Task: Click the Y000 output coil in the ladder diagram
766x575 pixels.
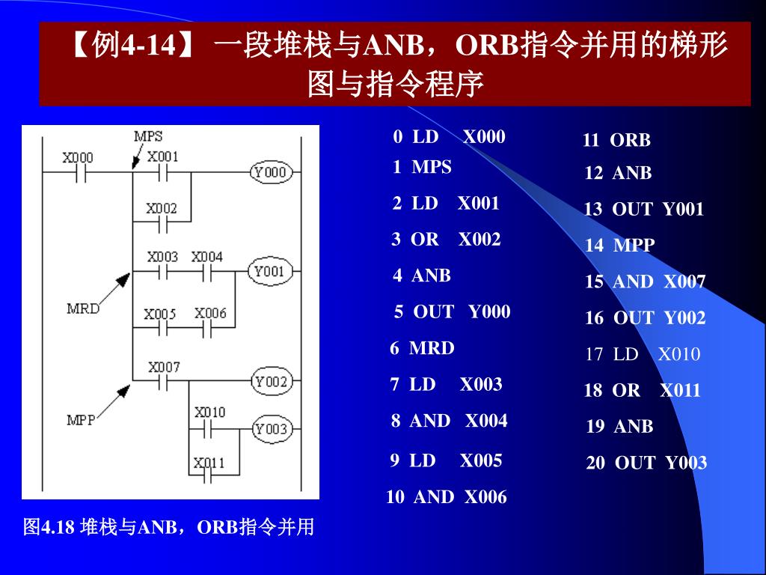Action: pos(270,172)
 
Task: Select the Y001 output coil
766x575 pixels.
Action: pos(269,272)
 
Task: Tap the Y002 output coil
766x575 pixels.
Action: pos(270,382)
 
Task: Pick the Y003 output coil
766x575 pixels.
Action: pos(270,429)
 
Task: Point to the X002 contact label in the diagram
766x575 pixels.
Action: pos(162,209)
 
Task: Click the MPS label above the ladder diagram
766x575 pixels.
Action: pos(148,136)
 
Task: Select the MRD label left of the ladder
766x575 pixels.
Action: pos(83,308)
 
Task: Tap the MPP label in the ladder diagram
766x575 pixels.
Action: pos(81,420)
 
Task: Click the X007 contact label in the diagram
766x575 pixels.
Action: pos(164,368)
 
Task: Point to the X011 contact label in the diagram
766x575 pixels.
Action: pos(209,463)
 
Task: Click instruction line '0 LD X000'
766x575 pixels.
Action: pos(449,137)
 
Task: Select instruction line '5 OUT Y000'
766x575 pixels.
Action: pos(452,311)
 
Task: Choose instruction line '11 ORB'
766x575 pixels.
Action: pos(616,140)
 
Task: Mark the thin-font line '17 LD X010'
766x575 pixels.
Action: pos(643,354)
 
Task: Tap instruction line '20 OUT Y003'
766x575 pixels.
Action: pos(646,463)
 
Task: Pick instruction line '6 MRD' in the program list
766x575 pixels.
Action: pos(422,348)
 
